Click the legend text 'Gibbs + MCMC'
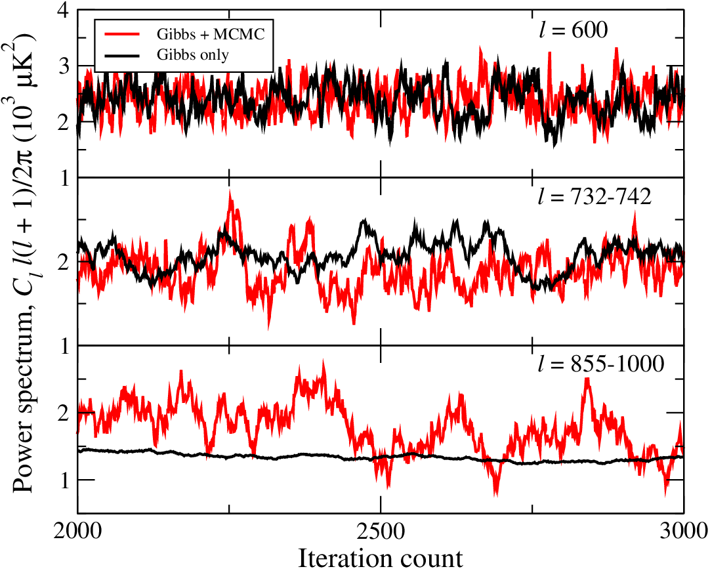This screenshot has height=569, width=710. point(211,34)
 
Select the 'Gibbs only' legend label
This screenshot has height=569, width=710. point(193,55)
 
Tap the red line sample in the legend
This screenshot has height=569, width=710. point(121,34)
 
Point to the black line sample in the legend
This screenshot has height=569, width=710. point(121,55)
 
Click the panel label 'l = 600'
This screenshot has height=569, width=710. point(574,30)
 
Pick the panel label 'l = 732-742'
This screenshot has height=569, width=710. point(595,197)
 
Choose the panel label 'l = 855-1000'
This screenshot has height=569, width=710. point(601,364)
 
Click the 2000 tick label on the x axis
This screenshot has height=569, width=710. point(77,532)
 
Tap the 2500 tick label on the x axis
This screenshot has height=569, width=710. point(381,532)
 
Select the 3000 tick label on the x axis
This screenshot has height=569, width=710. point(683,532)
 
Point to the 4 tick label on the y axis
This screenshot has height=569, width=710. point(64,11)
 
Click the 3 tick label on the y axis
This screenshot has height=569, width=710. point(64,66)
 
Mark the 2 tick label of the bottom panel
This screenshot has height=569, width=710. point(64,413)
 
